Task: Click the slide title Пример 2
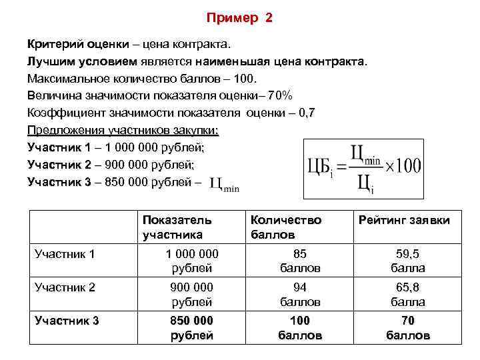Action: [239, 18]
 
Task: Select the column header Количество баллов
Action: [285, 227]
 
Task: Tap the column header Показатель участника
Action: [177, 227]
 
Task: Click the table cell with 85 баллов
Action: [300, 261]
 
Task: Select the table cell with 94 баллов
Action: [300, 294]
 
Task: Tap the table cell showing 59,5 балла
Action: [408, 261]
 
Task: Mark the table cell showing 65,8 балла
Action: [408, 294]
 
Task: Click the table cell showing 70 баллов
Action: [408, 327]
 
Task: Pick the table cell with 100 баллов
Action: [300, 327]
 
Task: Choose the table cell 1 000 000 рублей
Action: [191, 261]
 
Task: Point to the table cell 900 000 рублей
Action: [191, 294]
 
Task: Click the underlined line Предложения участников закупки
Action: [123, 129]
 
